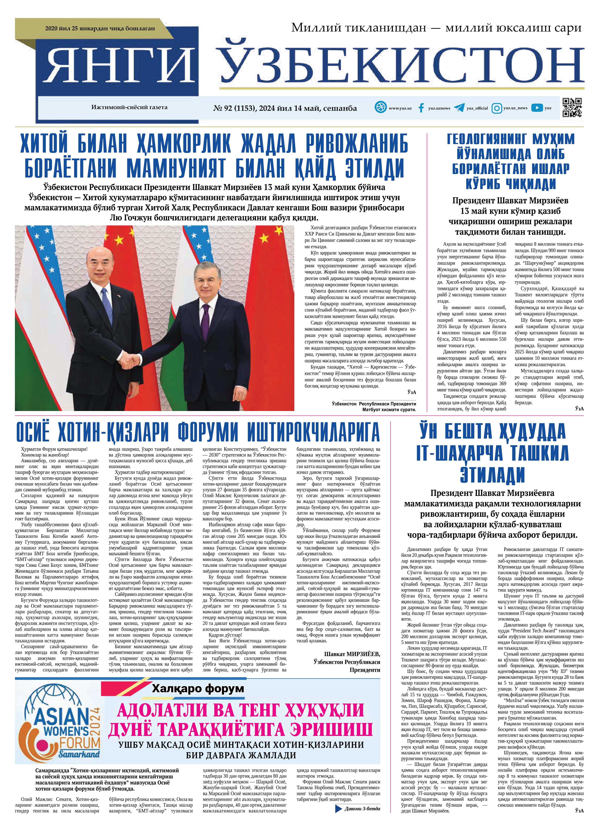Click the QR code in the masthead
click(572, 108)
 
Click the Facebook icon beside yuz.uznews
click(421, 108)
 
